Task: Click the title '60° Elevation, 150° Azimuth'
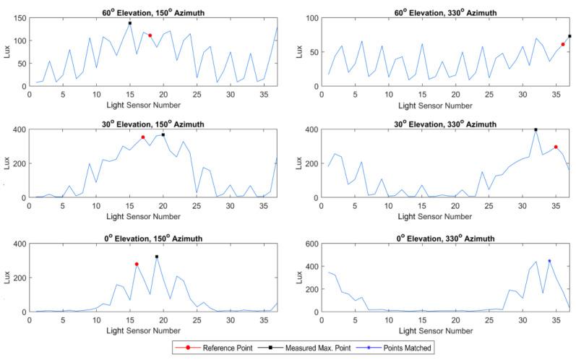152,7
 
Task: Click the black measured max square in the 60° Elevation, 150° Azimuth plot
130,23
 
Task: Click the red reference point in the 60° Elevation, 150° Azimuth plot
150,35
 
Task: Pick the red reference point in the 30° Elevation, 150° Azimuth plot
143,137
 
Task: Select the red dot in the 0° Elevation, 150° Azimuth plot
137,265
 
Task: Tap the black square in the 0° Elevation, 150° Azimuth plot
156,257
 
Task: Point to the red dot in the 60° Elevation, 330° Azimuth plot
563,45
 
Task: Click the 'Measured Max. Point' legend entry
317,348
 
